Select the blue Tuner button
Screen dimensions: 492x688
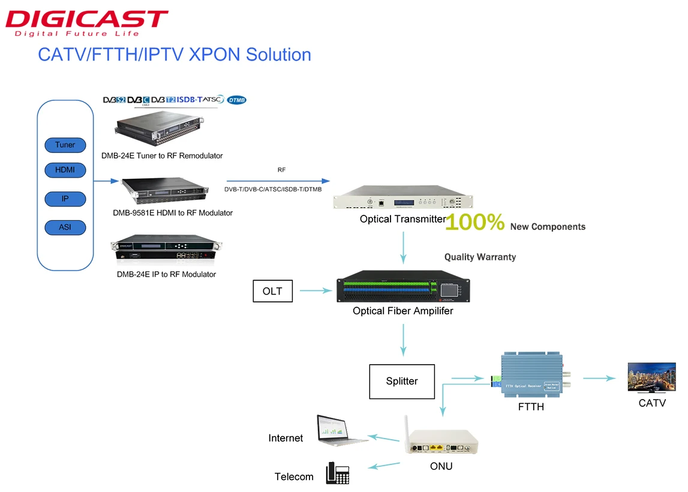65,145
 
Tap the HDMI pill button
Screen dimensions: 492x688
65,170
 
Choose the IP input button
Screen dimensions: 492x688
65,199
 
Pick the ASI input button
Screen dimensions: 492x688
65,227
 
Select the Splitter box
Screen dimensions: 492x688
401,381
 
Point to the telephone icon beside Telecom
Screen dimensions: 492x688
337,473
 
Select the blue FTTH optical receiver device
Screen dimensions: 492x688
531,376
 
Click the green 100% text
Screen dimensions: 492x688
474,223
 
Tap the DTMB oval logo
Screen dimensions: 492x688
237,100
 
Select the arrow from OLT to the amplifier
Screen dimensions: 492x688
316,292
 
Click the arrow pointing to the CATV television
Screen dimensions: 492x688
600,378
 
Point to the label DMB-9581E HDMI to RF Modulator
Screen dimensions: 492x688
173,213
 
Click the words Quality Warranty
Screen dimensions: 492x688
480,257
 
